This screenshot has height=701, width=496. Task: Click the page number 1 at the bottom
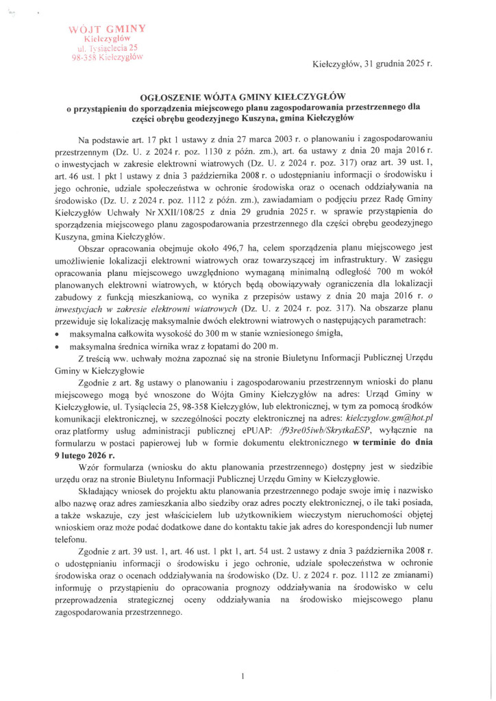[x=243, y=657]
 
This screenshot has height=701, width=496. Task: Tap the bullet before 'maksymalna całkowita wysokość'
[x=56, y=334]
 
